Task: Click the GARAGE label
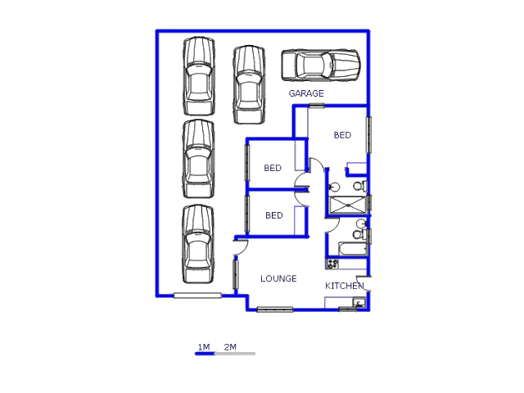tap(306, 93)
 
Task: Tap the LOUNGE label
tap(278, 278)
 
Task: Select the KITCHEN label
tap(344, 286)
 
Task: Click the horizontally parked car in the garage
tap(320, 65)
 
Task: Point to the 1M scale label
tap(204, 347)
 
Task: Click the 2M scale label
tap(230, 347)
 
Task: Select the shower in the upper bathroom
tap(347, 205)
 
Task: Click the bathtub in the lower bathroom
tap(353, 249)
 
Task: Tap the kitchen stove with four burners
tap(332, 264)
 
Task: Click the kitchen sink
tap(359, 302)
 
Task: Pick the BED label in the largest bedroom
tap(342, 135)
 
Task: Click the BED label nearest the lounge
tap(274, 215)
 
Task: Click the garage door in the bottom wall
tap(197, 296)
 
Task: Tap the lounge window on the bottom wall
tap(275, 309)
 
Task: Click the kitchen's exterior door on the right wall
tap(364, 283)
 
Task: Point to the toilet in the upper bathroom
tap(360, 186)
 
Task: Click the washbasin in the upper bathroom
tap(334, 187)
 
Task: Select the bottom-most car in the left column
tap(198, 244)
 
